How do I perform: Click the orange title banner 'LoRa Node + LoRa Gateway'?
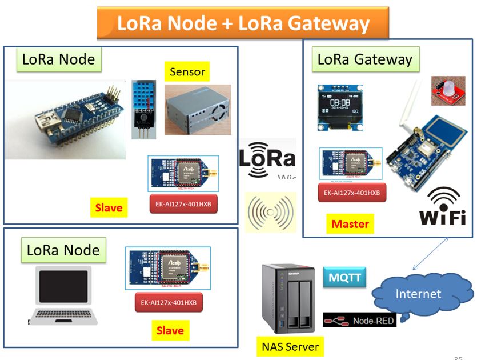(243, 23)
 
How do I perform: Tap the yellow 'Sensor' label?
(187, 72)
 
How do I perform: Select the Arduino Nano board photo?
(66, 120)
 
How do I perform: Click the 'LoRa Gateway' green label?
(364, 59)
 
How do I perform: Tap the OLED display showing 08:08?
(339, 107)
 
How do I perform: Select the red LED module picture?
(448, 90)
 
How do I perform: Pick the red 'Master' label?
(350, 224)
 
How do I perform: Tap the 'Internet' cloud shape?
(419, 294)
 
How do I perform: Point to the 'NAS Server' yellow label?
(287, 345)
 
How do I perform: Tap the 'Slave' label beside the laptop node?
(170, 330)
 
